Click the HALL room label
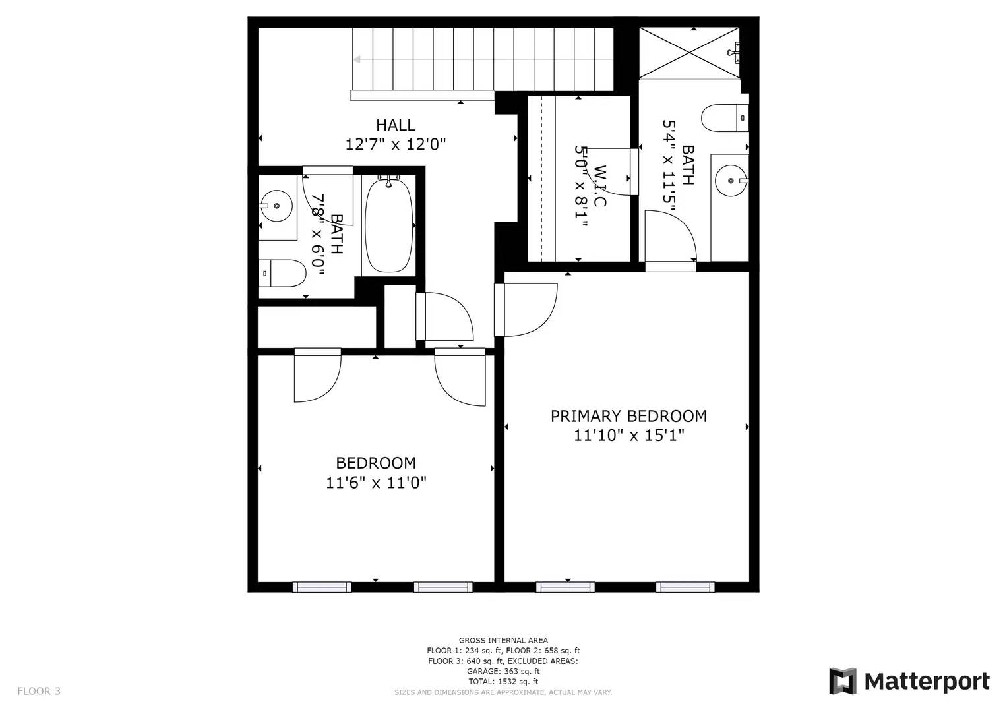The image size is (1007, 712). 396,125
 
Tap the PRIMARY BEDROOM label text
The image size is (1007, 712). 628,416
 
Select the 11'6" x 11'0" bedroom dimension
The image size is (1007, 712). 376,483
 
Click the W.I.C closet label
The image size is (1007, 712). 599,186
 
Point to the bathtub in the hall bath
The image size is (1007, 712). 388,225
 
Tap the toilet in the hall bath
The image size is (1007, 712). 284,272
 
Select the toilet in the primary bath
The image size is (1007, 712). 724,119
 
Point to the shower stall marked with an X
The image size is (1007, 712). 689,53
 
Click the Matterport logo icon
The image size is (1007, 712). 842,681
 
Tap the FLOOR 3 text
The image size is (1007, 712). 39,691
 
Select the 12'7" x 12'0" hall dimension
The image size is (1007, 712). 396,144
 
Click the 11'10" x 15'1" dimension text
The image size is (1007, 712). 628,436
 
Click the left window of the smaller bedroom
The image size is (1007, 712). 322,587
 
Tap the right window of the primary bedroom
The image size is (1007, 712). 685,587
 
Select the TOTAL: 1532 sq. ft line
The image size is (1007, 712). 503,682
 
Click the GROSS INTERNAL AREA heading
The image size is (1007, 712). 503,640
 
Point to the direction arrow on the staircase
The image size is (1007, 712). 358,59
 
